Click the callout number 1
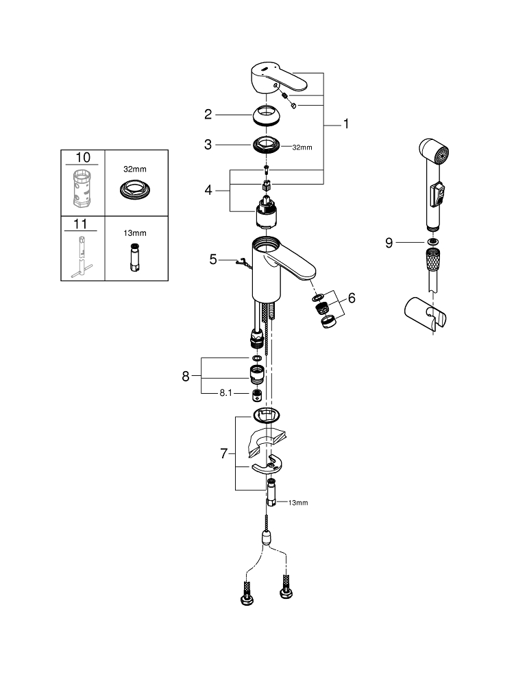pos(346,124)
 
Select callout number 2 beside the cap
pos(208,115)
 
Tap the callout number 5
pos(213,259)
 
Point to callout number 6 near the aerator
pos(352,298)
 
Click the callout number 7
pos(223,453)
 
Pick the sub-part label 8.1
pos(226,393)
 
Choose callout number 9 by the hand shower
pos(389,243)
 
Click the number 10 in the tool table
pos(83,158)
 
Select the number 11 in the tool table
pos(80,224)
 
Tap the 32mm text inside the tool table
pos(134,169)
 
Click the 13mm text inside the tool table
pos(134,233)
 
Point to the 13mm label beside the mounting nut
pos(298,503)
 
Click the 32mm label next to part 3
pos(302,147)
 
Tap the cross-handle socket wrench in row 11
pos(82,257)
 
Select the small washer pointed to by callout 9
pos(432,242)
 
